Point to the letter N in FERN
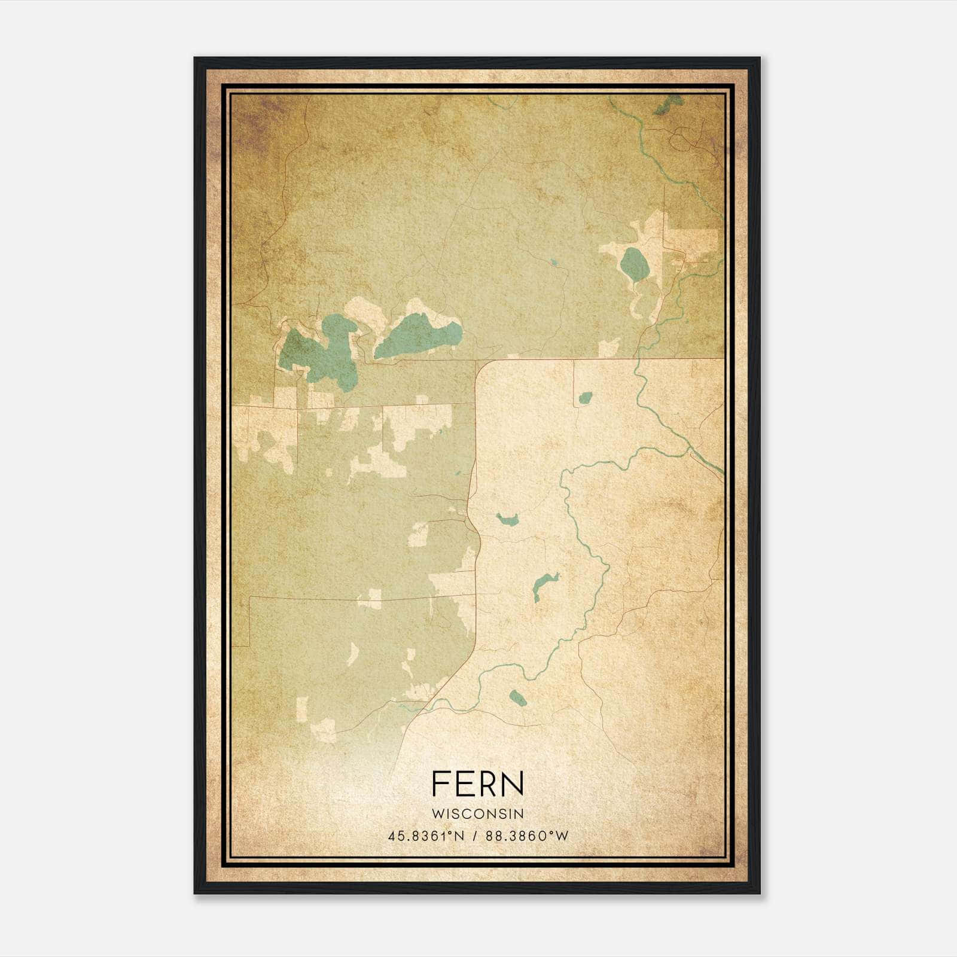(x=514, y=783)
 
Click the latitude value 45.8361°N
(x=426, y=836)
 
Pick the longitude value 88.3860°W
(x=527, y=836)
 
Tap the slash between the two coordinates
(x=476, y=836)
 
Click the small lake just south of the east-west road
(x=585, y=397)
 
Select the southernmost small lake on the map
(x=517, y=697)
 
